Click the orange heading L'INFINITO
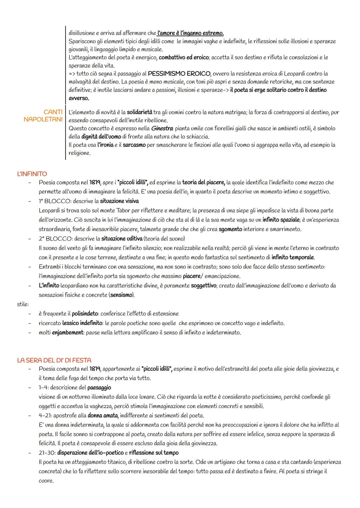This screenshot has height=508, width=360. pos(32,174)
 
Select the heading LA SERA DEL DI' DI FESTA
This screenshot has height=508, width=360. pos(54,360)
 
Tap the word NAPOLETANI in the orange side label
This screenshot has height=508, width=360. pos(43,119)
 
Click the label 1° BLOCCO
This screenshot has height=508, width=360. pos(55,201)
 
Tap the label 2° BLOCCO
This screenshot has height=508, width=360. pos(55,239)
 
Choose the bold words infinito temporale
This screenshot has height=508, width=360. pos(293,257)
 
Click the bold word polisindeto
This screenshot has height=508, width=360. pos(85,314)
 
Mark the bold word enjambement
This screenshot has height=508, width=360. pos(67,332)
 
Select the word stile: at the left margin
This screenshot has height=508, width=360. pos(23,304)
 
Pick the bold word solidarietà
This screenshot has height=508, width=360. pos(139,113)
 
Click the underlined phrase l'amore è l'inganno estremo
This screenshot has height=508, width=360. pos(190,33)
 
